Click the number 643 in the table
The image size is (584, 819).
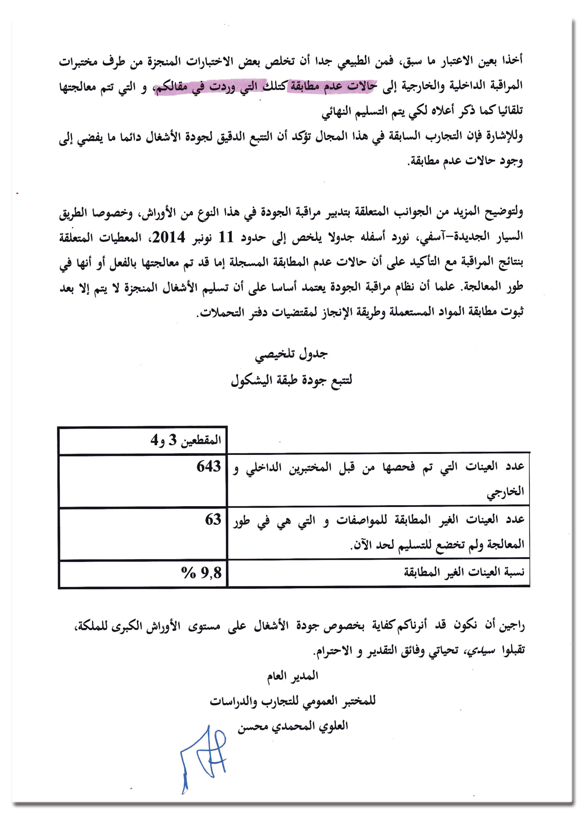(209, 467)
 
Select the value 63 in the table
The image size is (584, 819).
(213, 520)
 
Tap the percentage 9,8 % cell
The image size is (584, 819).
(201, 573)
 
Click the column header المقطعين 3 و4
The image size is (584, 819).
(186, 441)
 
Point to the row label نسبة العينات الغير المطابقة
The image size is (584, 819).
(464, 573)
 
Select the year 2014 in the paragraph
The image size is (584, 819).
(169, 237)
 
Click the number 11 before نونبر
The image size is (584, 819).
(226, 237)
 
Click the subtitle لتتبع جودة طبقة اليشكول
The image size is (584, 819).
(292, 380)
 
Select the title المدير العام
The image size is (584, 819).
(292, 676)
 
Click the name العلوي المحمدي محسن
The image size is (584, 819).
(293, 727)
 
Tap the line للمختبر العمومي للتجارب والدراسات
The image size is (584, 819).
(293, 701)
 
